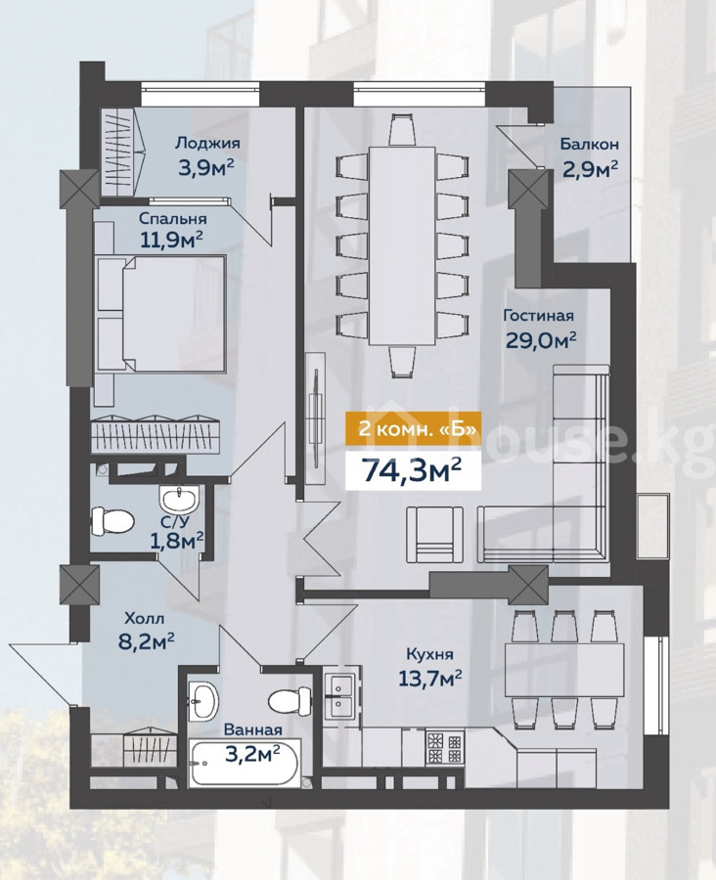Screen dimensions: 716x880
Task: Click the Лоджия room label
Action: [207, 143]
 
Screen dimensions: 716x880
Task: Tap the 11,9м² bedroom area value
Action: [171, 240]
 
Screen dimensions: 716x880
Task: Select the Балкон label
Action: [589, 145]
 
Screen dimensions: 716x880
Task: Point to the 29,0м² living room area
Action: [541, 339]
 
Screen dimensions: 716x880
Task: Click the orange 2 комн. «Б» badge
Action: [413, 429]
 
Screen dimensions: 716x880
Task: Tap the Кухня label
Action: [429, 654]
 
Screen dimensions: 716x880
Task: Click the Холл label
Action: [145, 619]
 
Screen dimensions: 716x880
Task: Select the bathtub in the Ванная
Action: [245, 764]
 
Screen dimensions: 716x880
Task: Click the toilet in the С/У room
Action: [112, 520]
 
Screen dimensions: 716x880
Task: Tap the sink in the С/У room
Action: [179, 498]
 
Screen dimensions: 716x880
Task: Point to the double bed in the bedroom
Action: [160, 313]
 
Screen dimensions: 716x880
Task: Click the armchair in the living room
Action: [434, 535]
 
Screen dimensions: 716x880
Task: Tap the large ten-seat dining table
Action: [402, 245]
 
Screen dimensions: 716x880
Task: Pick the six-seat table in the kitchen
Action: [564, 670]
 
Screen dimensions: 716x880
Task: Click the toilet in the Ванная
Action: [290, 700]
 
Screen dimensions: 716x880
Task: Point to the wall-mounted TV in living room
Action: [316, 417]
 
